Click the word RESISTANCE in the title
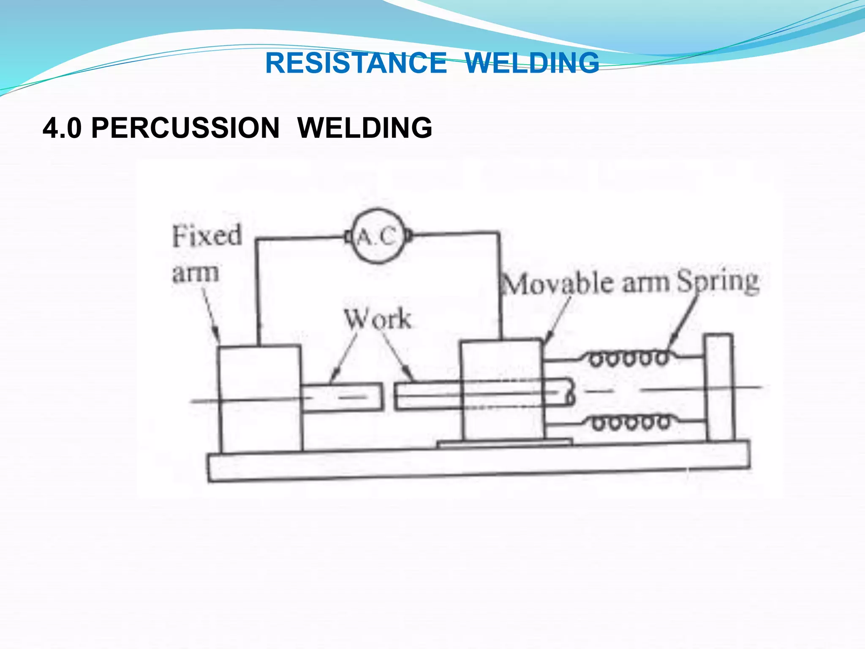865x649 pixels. click(356, 63)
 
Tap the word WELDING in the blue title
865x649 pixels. click(532, 63)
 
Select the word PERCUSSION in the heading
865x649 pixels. click(185, 128)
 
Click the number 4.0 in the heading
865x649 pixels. click(62, 128)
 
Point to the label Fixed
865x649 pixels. click(207, 236)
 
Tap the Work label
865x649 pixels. click(377, 319)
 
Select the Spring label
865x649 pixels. click(718, 281)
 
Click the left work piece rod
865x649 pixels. click(342, 397)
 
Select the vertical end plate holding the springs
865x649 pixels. click(720, 387)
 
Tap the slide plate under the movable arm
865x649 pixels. click(505, 443)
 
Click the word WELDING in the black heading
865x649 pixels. click(365, 128)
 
